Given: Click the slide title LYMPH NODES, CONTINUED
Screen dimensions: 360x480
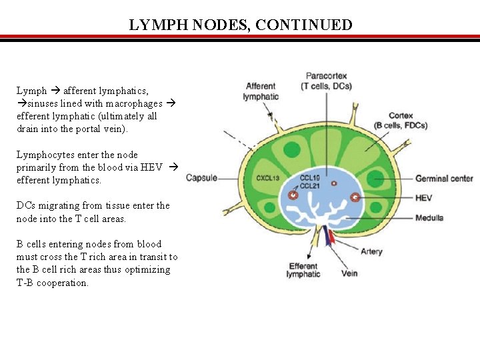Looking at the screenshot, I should pos(241,25).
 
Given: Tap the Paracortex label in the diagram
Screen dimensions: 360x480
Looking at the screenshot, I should pos(326,81).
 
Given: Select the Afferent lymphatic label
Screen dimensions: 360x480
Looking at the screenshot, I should pos(261,91).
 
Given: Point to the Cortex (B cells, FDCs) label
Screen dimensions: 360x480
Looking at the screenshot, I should pos(401,120).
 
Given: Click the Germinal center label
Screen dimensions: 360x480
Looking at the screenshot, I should pos(444,178).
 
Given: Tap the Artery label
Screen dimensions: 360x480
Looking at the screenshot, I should pos(371,252).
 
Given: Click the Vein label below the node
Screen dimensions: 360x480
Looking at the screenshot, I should pos(349,273).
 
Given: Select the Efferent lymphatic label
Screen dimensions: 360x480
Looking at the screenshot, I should pos(303,270).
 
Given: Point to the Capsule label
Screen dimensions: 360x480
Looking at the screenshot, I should pos(201,178).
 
